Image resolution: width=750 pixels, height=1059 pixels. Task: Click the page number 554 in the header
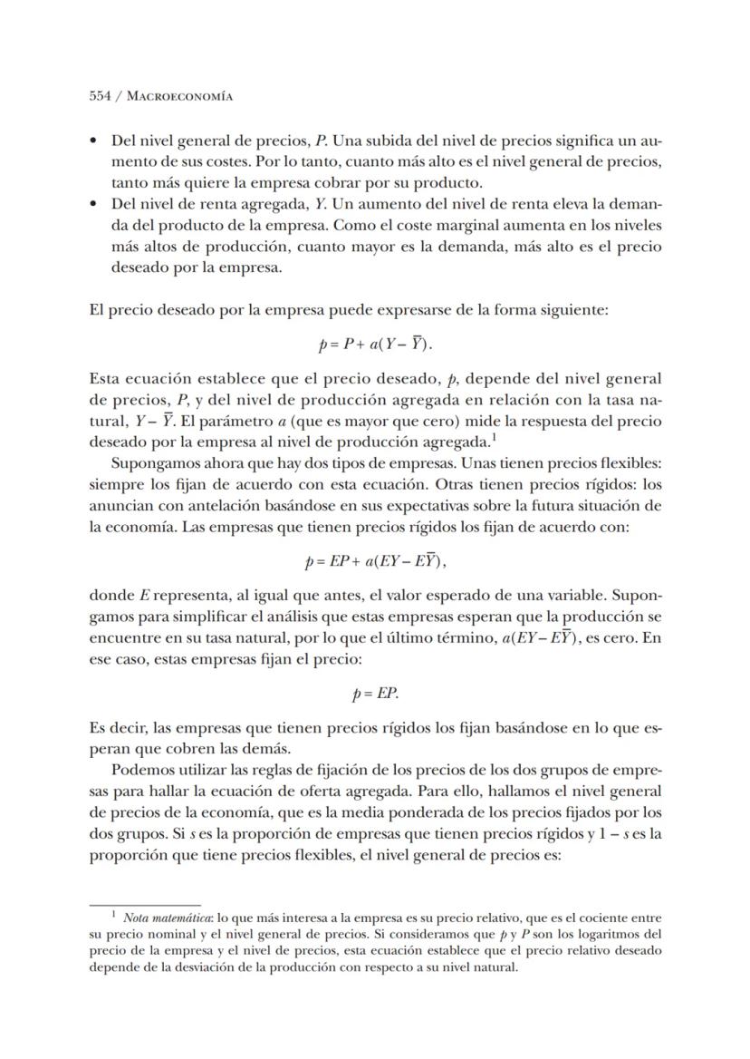101,95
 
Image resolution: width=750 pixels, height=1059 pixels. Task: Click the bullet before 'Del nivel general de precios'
94,142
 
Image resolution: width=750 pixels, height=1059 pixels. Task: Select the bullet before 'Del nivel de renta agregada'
94,205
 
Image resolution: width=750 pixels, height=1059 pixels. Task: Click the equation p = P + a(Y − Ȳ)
375,346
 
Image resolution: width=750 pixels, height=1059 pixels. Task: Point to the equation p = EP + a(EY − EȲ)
376,562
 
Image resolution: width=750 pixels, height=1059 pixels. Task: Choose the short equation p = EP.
375,695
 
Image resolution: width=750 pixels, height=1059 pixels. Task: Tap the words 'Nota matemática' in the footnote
157,918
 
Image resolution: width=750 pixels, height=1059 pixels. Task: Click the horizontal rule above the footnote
144,904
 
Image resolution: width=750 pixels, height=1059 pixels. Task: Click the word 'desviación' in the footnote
211,967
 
